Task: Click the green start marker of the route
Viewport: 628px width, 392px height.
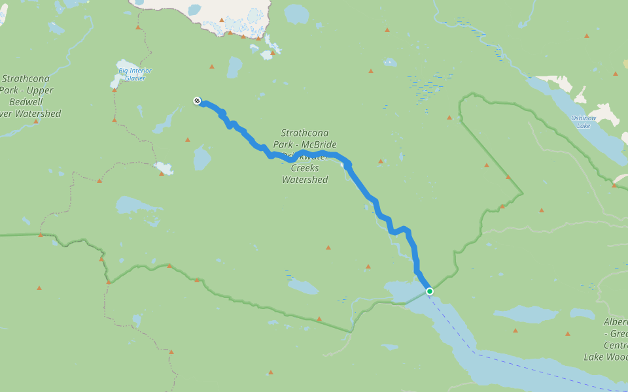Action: [x=429, y=291]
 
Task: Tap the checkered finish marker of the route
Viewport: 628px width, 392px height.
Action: [x=197, y=101]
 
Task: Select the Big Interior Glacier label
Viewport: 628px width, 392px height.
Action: [x=135, y=74]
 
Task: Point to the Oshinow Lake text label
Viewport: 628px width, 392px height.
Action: [x=584, y=122]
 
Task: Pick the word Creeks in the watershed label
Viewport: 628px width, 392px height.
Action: [x=304, y=168]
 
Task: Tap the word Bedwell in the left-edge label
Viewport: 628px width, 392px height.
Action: [x=27, y=102]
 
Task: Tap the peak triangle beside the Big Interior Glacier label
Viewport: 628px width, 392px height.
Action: [x=114, y=90]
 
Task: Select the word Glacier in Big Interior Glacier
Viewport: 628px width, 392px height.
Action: [x=135, y=78]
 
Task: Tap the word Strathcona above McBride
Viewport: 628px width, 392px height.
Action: [x=304, y=133]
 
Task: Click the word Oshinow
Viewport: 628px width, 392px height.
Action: [x=584, y=118]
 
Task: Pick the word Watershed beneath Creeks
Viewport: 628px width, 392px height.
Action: [x=304, y=180]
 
